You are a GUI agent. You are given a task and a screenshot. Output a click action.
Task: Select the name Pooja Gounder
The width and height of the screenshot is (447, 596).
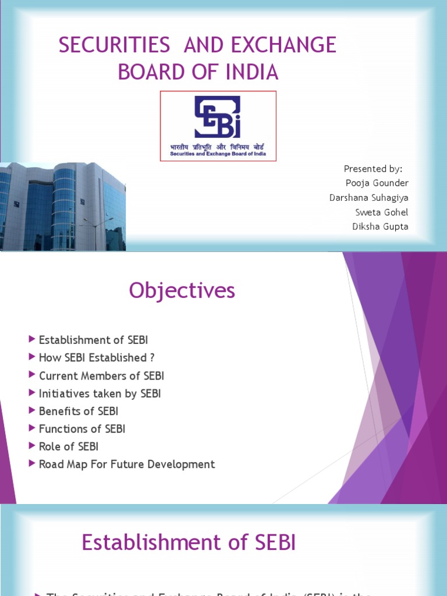[x=377, y=183]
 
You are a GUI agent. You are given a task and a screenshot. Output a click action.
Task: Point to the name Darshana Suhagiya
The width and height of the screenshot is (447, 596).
[x=369, y=198]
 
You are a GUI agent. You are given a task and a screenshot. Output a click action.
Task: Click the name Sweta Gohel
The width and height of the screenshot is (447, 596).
[x=382, y=212]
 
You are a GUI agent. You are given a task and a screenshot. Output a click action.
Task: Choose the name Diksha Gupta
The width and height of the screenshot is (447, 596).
[x=380, y=227]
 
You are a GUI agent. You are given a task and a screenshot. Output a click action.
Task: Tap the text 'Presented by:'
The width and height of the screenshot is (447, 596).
[x=373, y=169]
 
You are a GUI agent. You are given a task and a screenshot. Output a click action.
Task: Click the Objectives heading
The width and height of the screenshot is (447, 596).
[x=182, y=290]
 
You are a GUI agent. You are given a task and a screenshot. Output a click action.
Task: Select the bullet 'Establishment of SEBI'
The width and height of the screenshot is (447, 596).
[x=93, y=340]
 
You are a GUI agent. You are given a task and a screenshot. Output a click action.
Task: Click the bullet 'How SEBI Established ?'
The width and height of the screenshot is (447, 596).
[x=97, y=358]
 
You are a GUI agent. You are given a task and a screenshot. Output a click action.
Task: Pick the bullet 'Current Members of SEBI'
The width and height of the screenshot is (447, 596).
[x=101, y=376]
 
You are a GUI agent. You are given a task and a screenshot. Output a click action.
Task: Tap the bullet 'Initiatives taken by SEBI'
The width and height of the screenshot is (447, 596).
[x=100, y=393]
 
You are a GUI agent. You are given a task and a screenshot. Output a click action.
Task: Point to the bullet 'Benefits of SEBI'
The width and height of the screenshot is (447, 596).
[x=78, y=411]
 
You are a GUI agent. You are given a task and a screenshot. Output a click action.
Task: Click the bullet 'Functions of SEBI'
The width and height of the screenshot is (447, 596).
[x=81, y=429]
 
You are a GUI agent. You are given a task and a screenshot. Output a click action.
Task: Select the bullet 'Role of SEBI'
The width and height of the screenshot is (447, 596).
[x=68, y=446]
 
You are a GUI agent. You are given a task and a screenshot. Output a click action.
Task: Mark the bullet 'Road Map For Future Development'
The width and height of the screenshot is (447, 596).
[x=126, y=464]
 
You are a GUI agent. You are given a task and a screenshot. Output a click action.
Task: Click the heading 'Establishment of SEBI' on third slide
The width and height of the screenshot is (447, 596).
[x=189, y=543]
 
